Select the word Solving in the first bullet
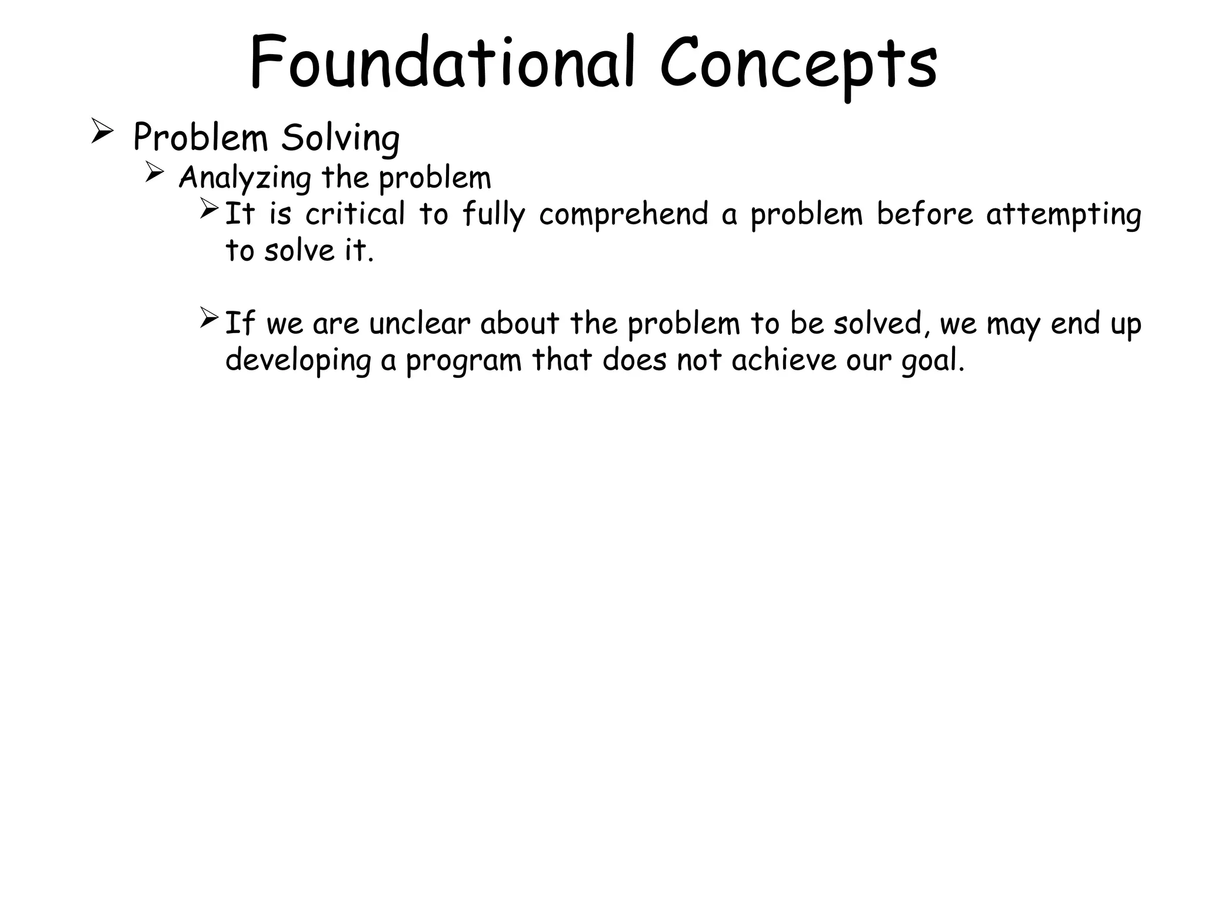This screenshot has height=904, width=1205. tap(340, 139)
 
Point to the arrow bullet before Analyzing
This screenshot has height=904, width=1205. tap(154, 172)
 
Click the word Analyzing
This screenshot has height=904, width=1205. tap(245, 178)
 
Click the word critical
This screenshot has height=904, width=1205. tap(355, 214)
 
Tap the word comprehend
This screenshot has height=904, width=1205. tap(624, 215)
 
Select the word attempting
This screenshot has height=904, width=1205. tap(1064, 215)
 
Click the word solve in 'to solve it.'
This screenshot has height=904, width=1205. tap(299, 251)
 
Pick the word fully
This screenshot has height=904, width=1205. tap(493, 215)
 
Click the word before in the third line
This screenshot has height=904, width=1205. tap(925, 214)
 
